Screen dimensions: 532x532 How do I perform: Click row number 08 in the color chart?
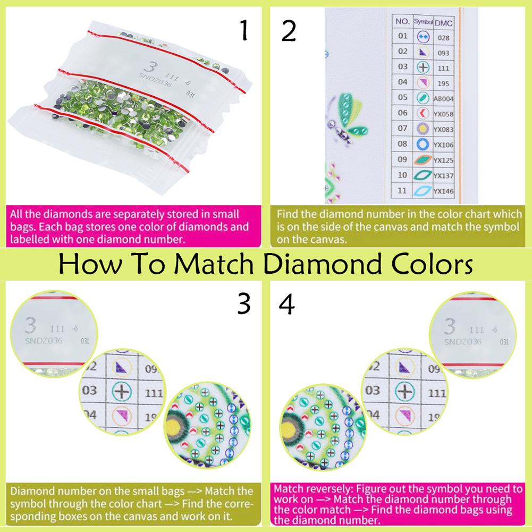(402, 144)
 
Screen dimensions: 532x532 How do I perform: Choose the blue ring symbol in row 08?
(423, 144)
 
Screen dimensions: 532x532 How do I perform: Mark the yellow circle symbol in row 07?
(423, 129)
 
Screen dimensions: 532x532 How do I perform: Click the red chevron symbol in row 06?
(423, 113)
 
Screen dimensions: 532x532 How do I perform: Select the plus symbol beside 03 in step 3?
(123, 392)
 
